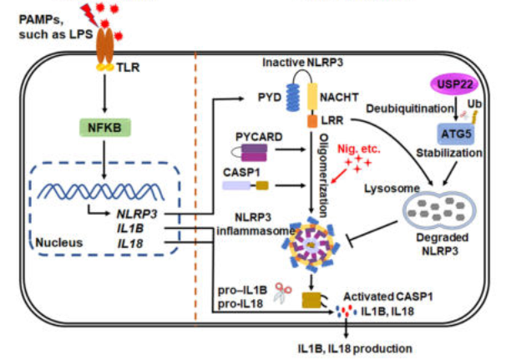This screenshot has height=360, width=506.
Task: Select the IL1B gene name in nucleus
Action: click(x=134, y=227)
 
